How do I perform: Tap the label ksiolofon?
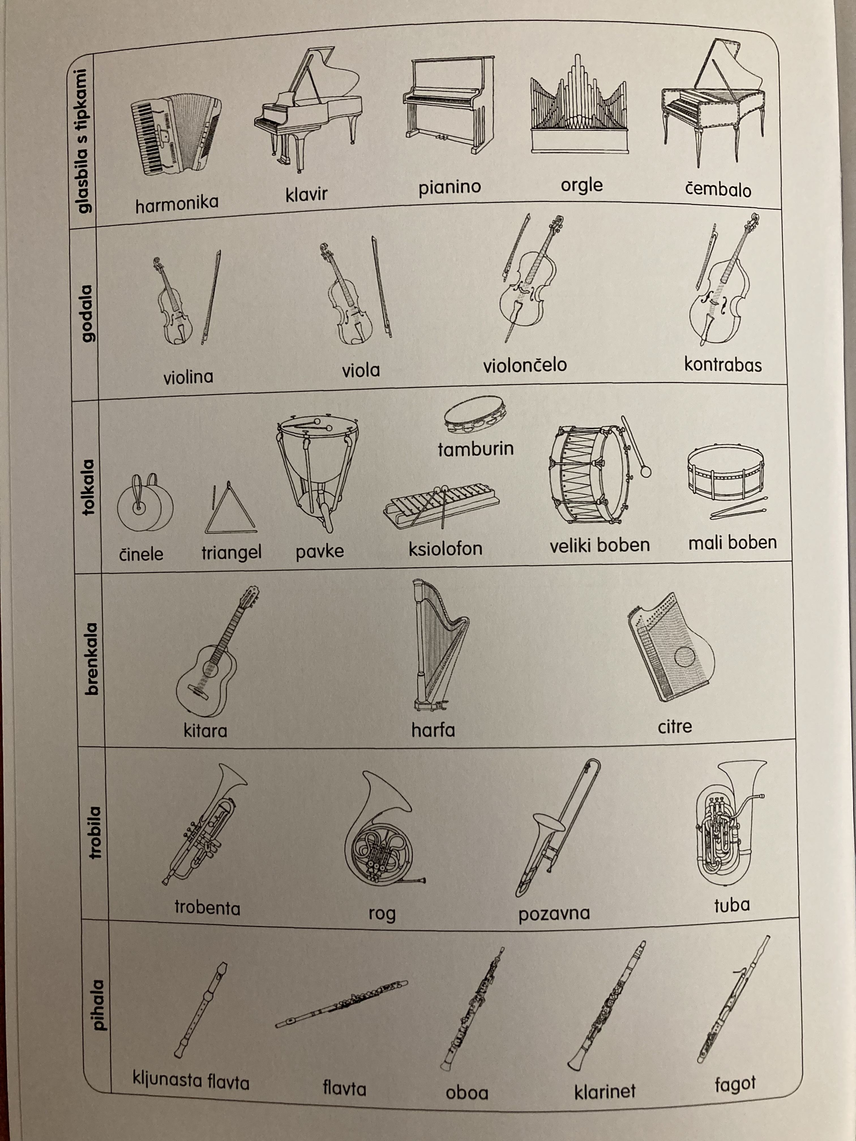(445, 548)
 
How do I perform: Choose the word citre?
(674, 727)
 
